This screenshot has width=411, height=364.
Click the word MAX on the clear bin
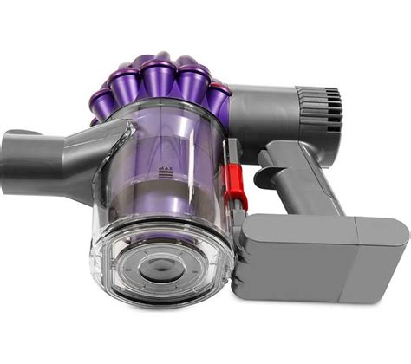point(166,168)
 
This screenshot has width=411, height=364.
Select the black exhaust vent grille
point(333,110)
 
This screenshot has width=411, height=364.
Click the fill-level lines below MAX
point(166,173)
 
